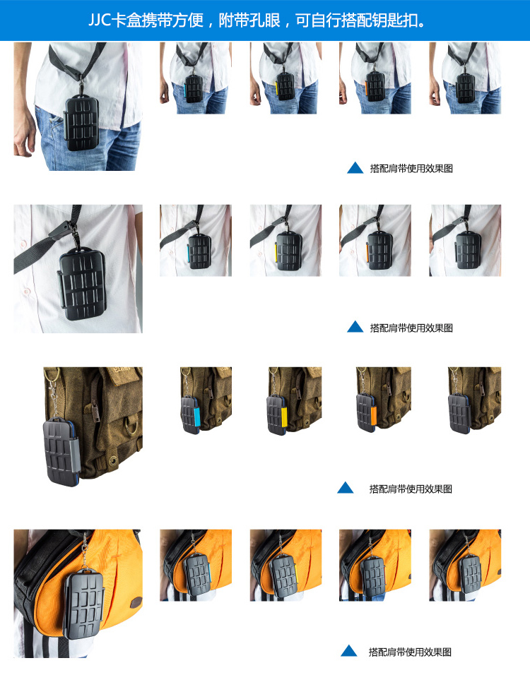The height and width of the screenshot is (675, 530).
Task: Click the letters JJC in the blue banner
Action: pyautogui.click(x=100, y=20)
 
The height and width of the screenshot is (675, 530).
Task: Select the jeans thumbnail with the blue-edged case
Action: pyautogui.click(x=196, y=78)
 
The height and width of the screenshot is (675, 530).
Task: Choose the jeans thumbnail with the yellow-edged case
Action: pyautogui.click(x=285, y=78)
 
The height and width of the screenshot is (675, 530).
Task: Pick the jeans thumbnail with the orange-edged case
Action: pyautogui.click(x=375, y=78)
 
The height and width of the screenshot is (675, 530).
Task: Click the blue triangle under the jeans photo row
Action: pyautogui.click(x=355, y=168)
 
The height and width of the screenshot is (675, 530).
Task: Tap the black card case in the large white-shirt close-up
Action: pyautogui.click(x=82, y=284)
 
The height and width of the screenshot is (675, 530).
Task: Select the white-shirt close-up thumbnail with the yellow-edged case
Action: pyautogui.click(x=285, y=240)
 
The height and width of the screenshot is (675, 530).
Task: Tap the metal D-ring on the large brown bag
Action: pyautogui.click(x=131, y=424)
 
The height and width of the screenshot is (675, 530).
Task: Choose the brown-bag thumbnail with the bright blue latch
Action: pyautogui.click(x=206, y=400)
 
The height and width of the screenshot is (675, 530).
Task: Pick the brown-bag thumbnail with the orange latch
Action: pyautogui.click(x=383, y=400)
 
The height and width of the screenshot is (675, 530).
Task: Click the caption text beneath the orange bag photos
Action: pyautogui.click(x=410, y=652)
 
